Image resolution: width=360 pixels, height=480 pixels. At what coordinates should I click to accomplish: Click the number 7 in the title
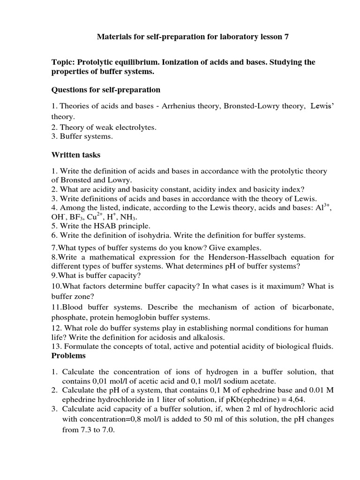[x=286, y=36]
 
